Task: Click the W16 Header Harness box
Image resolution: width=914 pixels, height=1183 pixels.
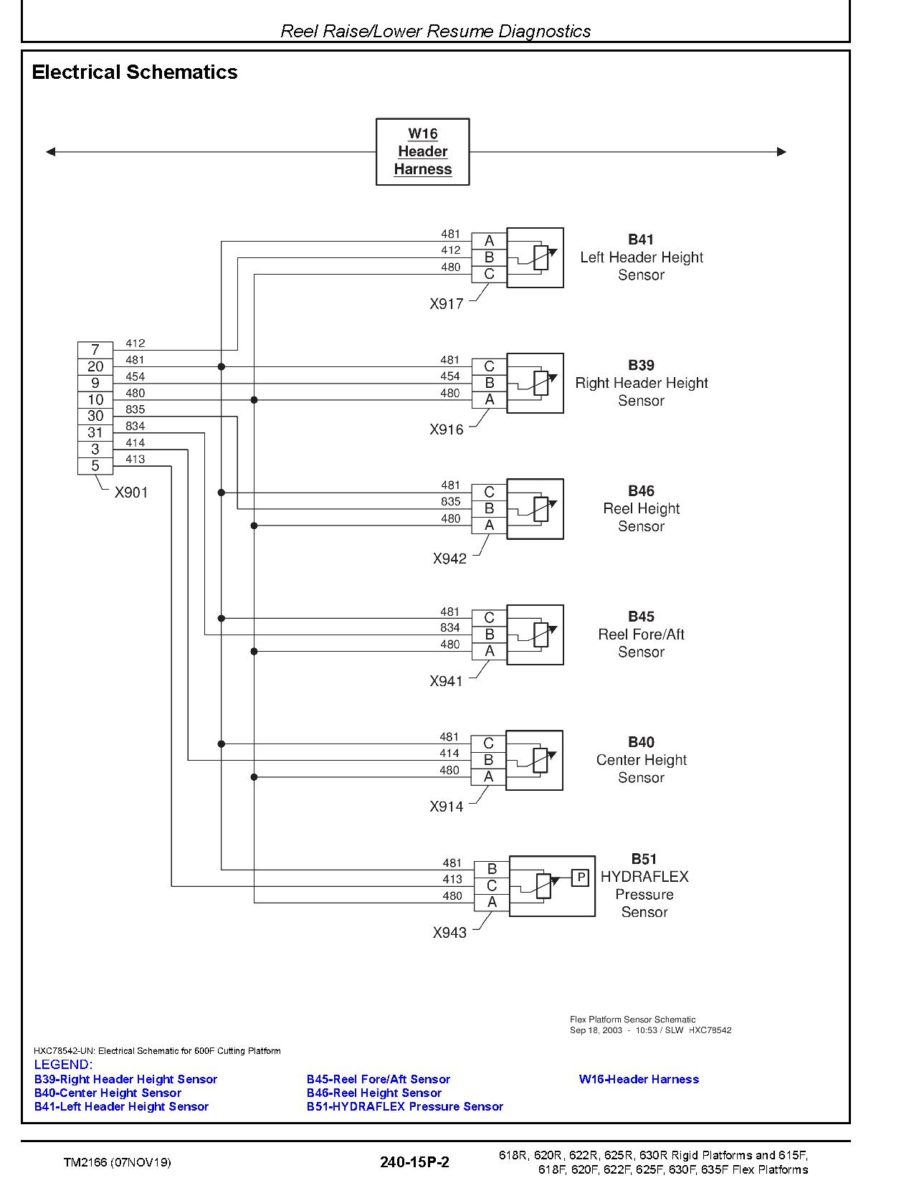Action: tap(422, 151)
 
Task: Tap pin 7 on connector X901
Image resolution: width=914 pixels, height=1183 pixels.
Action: tap(95, 350)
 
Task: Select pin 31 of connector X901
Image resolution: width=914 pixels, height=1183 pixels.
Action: tap(95, 433)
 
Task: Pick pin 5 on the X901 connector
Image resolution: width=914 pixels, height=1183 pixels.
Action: tap(95, 466)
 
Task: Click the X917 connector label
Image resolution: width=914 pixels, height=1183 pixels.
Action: tap(447, 304)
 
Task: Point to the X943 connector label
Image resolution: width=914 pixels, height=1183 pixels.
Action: tap(449, 933)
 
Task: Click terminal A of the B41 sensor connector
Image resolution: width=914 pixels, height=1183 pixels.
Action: tap(489, 241)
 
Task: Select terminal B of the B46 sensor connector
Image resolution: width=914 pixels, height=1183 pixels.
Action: tap(489, 508)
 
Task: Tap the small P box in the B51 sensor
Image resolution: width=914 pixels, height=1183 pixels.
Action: tap(580, 877)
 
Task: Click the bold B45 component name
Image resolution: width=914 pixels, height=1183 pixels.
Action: tap(642, 617)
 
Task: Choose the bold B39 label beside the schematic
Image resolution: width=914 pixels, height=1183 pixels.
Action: tap(642, 365)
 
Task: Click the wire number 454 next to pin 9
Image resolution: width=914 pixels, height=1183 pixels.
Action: tap(135, 376)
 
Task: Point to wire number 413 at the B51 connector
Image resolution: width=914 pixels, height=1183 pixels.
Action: tap(452, 879)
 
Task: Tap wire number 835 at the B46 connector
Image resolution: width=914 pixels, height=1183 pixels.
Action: tap(450, 501)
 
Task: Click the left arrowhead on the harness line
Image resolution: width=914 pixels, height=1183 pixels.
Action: tap(51, 151)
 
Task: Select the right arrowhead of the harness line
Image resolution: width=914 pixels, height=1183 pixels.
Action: tap(781, 151)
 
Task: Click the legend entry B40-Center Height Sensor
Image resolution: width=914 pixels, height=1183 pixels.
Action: tap(108, 1093)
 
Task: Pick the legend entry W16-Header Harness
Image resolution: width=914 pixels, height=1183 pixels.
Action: tap(639, 1079)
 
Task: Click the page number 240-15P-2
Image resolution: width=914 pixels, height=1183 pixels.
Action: tap(415, 1162)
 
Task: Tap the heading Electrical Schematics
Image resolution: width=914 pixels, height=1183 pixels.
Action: tap(135, 72)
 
